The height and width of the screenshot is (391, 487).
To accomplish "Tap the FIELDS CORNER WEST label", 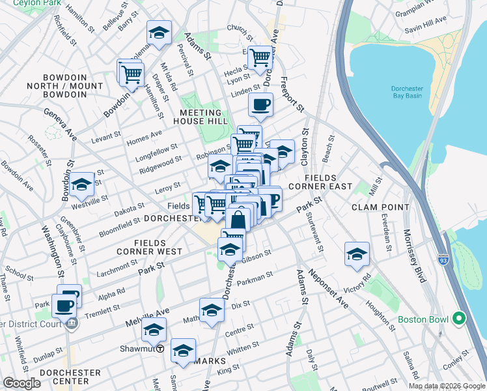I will tap(150, 246).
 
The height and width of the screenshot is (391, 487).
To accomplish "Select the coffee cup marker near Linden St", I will tap(260, 104).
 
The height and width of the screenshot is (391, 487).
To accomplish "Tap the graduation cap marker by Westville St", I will tap(82, 185).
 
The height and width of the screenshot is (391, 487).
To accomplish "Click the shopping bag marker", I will tap(238, 220).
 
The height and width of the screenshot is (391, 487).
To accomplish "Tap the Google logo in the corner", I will tap(22, 384).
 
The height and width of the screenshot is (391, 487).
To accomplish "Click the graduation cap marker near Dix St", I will tap(212, 311).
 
